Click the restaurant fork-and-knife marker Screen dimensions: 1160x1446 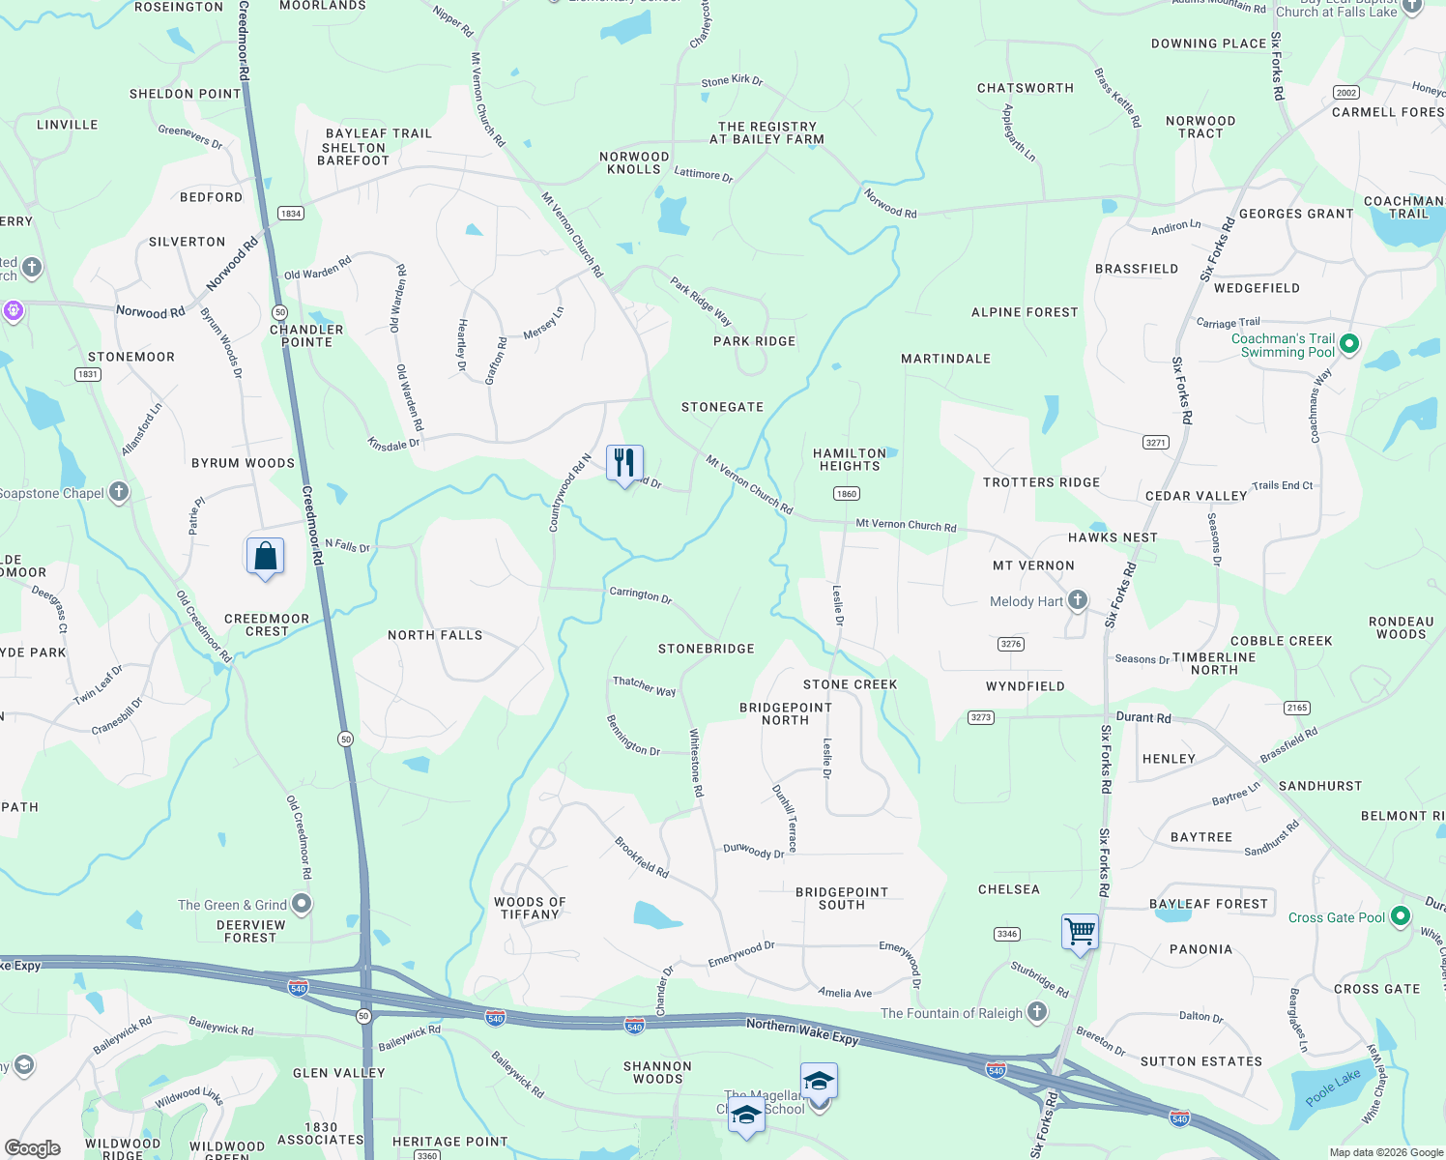pos(624,462)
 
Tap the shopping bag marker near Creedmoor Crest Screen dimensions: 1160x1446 pos(265,557)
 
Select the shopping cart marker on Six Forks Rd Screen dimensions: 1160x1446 pos(1080,933)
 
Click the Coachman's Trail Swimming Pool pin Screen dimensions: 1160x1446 pos(1350,343)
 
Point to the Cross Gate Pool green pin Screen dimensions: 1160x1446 pos(1401,917)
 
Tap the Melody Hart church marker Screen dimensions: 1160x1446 pos(1078,601)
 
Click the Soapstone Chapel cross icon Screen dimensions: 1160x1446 pos(119,492)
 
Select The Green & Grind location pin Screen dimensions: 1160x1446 pos(302,904)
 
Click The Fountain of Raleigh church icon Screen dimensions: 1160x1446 pos(1037,1012)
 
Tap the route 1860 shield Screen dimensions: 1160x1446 pos(846,494)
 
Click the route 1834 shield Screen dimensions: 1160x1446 pos(291,213)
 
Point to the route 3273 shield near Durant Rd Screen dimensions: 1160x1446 pos(981,717)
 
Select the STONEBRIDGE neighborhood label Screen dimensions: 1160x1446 pos(706,649)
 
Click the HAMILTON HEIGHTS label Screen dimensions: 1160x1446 pos(850,459)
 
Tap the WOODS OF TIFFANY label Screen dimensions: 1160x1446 pos(530,908)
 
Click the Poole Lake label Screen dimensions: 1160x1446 pos(1333,1087)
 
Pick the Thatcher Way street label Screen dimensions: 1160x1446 pos(644,685)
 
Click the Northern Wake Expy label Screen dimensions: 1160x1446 pos(802,1031)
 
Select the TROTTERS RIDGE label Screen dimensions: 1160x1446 pos(1041,482)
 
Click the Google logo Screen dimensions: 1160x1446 pos(33,1147)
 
